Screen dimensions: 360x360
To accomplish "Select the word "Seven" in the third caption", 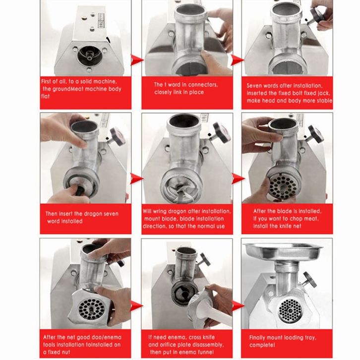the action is coord(254,86).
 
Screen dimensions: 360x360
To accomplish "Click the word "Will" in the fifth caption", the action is coord(147,211).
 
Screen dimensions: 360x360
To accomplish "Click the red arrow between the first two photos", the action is coord(137,60).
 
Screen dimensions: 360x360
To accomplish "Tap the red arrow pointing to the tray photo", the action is coord(238,306).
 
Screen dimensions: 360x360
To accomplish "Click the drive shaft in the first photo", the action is coord(89,56).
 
